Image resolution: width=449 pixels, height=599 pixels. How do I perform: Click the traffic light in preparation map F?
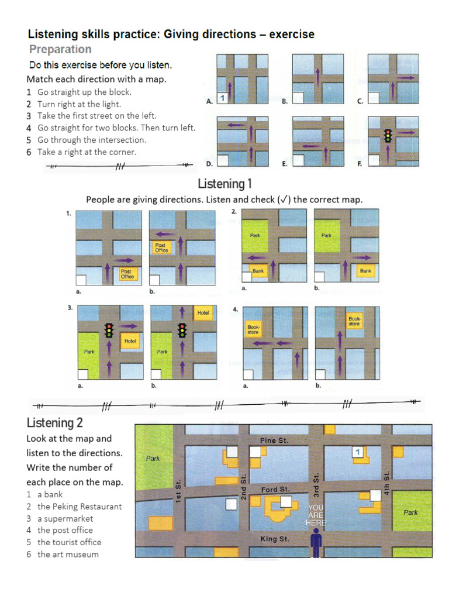tap(386, 136)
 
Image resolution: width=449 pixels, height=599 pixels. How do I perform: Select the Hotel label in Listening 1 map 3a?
tap(130, 341)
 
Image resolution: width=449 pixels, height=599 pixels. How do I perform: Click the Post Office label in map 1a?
tap(127, 274)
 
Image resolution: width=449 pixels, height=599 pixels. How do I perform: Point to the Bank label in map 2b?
tap(365, 271)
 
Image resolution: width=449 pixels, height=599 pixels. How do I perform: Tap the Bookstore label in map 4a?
tap(253, 330)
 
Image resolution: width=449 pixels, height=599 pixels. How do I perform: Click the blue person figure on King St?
tap(316, 543)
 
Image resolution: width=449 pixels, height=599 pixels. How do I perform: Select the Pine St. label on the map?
tap(274, 440)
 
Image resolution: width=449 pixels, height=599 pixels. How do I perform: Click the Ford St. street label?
tap(275, 489)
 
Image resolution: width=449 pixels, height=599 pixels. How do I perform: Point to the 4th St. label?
tap(386, 481)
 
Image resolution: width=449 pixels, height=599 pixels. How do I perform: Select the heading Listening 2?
tap(55, 423)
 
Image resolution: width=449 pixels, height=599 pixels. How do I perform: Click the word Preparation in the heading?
tap(60, 49)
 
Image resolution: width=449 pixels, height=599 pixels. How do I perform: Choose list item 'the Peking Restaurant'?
tap(80, 507)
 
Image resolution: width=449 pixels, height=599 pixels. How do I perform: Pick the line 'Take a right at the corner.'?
tap(87, 152)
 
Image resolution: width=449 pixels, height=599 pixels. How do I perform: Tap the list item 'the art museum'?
tap(68, 554)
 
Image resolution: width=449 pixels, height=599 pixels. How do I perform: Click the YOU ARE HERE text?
tap(316, 515)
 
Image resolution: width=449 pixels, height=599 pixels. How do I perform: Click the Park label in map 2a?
tap(255, 235)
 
